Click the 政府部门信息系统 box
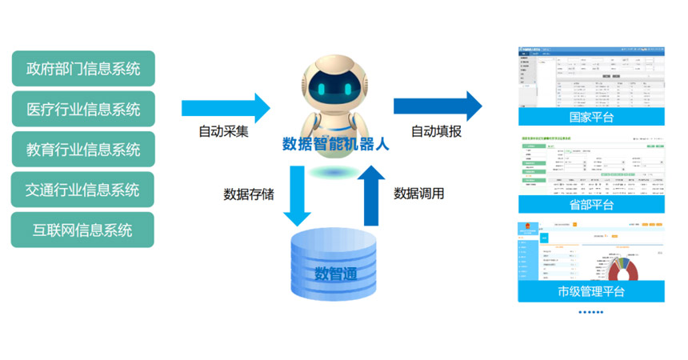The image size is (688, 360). click(83, 69)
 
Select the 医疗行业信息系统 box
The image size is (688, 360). click(83, 109)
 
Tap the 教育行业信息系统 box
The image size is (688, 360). click(83, 150)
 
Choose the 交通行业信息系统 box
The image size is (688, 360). click(83, 190)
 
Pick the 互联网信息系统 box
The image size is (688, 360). click(83, 230)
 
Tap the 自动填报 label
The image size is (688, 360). click(436, 132)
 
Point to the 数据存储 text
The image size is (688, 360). click(249, 194)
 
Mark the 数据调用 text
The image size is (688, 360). click(419, 194)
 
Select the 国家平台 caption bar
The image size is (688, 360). click(590, 118)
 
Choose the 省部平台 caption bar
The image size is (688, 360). click(590, 205)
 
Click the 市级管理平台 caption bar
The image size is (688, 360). click(590, 291)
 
